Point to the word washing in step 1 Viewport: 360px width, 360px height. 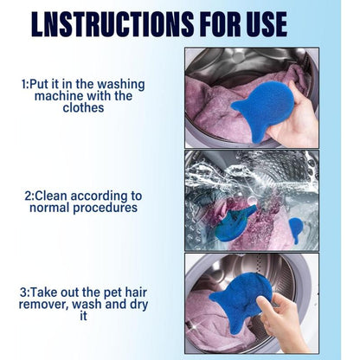[120, 84]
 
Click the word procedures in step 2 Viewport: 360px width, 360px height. [106, 208]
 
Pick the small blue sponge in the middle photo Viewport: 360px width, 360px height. [296, 228]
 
